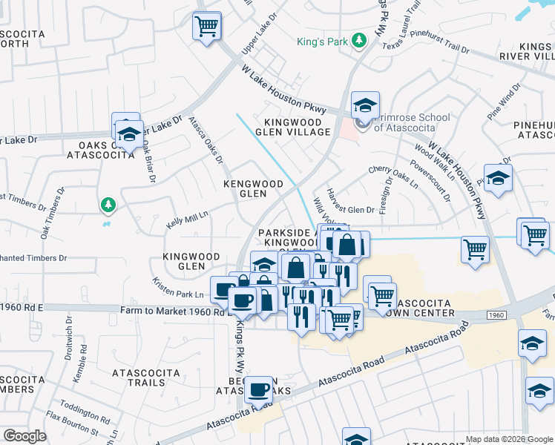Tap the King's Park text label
(323, 42)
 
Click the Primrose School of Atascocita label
(411, 122)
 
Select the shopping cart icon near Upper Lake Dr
(207, 26)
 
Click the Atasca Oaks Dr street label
(205, 139)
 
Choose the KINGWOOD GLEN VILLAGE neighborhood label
(292, 127)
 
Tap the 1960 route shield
(496, 316)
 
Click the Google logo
(24, 436)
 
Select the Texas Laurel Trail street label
(407, 36)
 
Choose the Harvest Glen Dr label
(350, 211)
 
